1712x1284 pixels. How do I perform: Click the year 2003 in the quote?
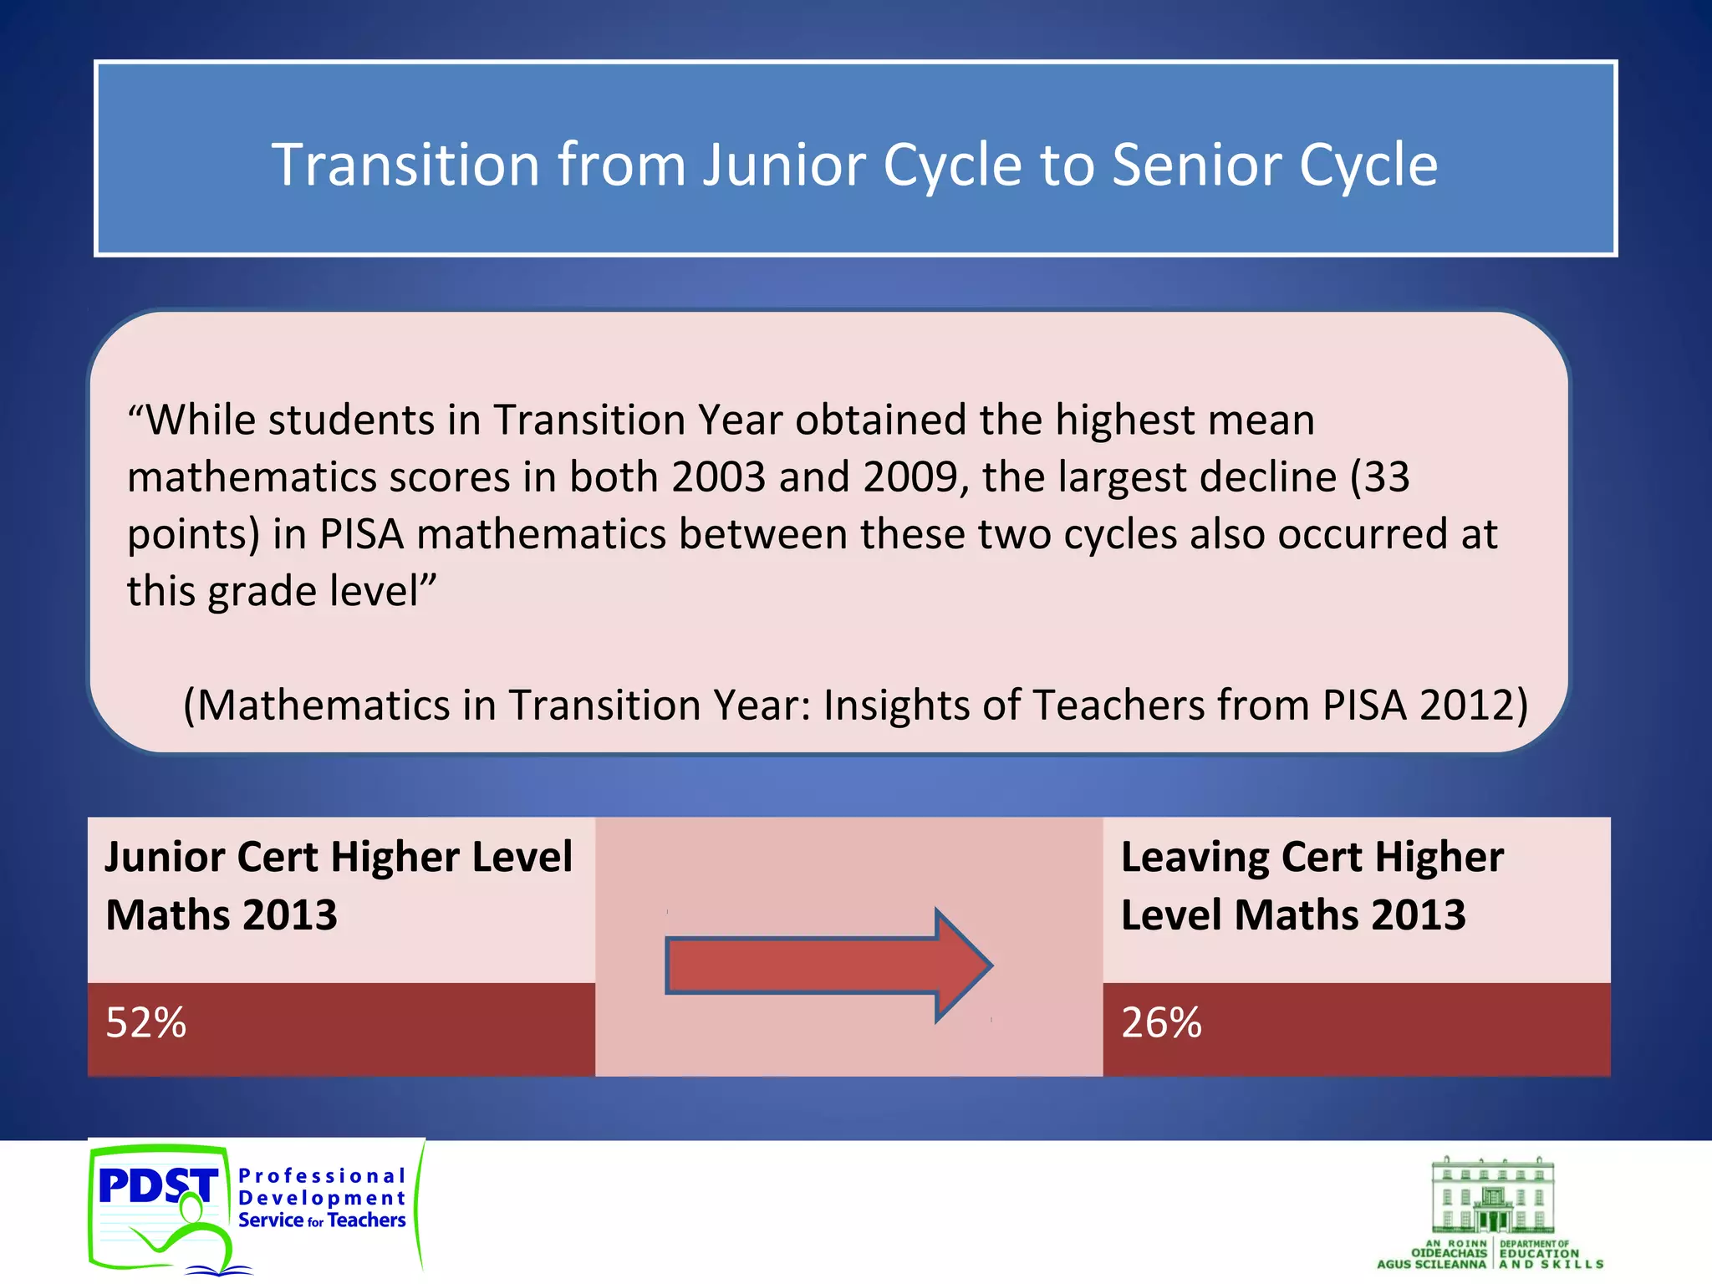tap(718, 477)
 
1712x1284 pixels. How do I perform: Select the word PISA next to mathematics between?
tap(362, 534)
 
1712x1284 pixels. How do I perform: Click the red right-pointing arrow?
tap(828, 966)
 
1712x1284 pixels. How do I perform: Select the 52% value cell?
tap(341, 1027)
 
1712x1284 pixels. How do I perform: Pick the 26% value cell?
tap(1356, 1027)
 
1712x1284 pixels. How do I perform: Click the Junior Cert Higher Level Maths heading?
tap(339, 886)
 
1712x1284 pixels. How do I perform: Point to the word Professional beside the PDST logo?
tap(322, 1176)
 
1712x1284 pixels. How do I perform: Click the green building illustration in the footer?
tap(1493, 1196)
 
